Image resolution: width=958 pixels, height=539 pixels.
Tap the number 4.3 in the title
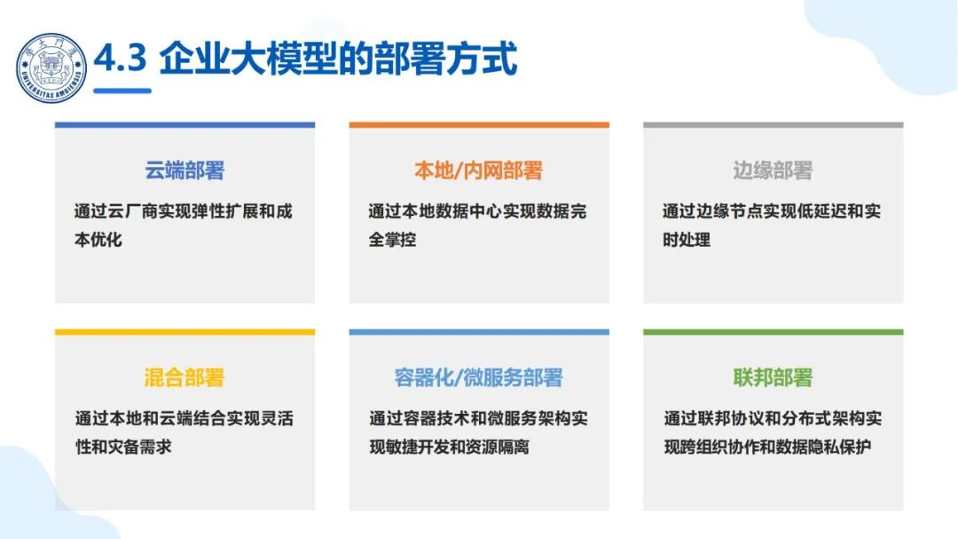click(x=121, y=61)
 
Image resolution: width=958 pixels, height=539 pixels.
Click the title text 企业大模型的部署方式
click(x=338, y=61)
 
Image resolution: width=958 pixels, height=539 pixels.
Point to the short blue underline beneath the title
click(x=122, y=91)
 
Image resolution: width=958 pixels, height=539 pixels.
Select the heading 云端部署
click(x=185, y=170)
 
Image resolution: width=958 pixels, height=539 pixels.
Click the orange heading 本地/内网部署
click(x=478, y=170)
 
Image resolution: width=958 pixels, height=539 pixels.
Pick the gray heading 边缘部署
click(x=773, y=170)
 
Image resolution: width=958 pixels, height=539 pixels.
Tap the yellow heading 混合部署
click(x=185, y=377)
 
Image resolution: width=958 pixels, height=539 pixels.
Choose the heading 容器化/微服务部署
click(x=478, y=377)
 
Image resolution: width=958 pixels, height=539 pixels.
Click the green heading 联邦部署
click(x=773, y=377)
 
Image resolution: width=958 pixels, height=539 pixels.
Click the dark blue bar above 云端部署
click(x=185, y=125)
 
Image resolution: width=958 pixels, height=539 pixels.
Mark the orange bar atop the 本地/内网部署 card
click(x=478, y=125)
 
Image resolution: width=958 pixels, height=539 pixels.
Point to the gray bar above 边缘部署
click(x=773, y=125)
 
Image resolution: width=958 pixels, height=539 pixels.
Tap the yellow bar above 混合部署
click(x=185, y=332)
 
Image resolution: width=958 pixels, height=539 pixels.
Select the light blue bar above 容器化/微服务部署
click(x=478, y=332)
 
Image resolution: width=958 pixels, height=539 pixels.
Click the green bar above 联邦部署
click(x=773, y=332)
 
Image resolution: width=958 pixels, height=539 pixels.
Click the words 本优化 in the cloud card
click(x=98, y=240)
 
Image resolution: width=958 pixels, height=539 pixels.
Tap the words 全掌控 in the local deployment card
click(x=392, y=240)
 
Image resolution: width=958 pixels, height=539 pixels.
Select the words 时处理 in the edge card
click(x=686, y=240)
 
